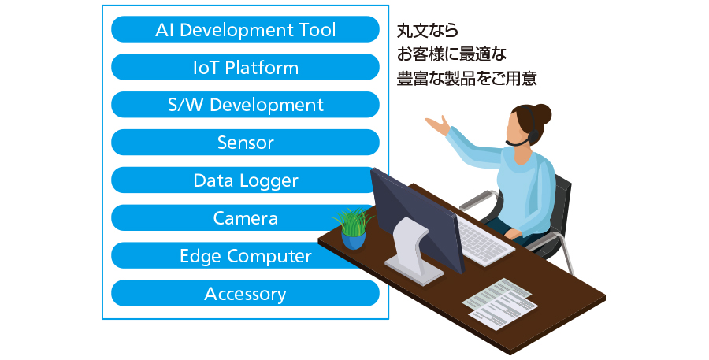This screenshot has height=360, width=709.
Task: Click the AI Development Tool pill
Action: coord(245,29)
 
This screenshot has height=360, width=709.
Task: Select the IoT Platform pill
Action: coord(245,68)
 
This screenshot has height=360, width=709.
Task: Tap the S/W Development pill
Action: coord(245,105)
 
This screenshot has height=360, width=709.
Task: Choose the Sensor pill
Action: coord(245,143)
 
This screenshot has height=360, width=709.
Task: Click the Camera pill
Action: coord(235,218)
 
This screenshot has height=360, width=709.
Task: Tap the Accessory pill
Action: coord(245,294)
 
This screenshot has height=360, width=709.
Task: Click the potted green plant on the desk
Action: coord(353,229)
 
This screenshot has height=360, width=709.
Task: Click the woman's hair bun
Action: coord(542,114)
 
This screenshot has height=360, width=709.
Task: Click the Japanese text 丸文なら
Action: coord(428,31)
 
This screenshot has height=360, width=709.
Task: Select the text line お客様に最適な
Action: coord(451,54)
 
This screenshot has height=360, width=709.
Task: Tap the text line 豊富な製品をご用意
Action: coord(466,78)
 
